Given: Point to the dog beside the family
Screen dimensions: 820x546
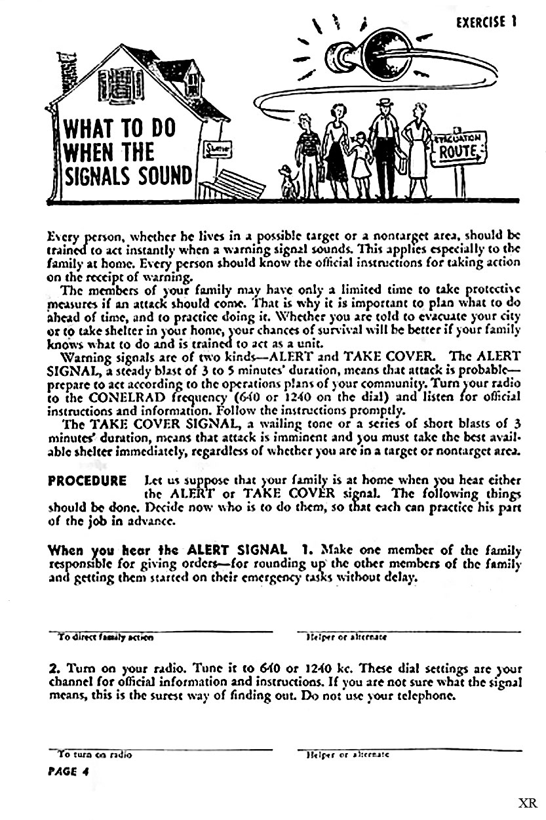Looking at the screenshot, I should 288,180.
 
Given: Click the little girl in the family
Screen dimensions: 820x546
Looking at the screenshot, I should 359,161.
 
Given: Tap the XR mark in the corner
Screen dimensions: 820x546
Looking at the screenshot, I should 527,804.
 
